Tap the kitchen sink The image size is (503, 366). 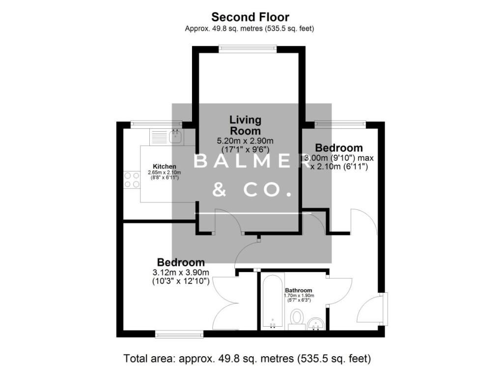click(x=176, y=137)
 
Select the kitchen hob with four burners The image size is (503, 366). click(x=131, y=179)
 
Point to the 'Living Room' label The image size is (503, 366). click(x=246, y=125)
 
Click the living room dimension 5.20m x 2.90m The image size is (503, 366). click(x=246, y=141)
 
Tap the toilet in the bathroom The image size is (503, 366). click(x=297, y=317)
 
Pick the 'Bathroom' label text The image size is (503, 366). click(x=299, y=290)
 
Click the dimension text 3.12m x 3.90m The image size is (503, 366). click(x=181, y=273)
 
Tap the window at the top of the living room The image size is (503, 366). click(x=248, y=48)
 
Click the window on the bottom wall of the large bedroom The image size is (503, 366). click(x=179, y=335)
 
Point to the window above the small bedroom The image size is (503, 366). click(x=340, y=124)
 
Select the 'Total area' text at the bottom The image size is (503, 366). click(x=247, y=357)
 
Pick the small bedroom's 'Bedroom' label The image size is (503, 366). click(x=339, y=148)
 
